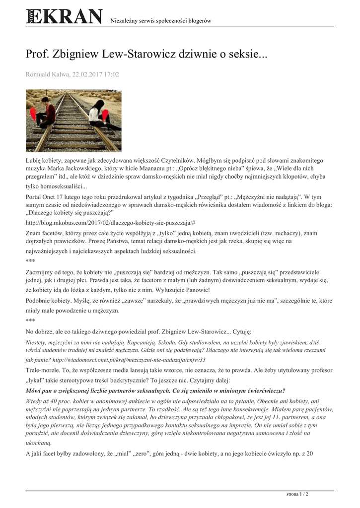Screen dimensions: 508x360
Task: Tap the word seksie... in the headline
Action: pos(246,53)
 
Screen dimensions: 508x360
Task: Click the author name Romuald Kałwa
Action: pos(47,74)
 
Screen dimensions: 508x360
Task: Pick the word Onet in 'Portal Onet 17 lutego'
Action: pos(56,196)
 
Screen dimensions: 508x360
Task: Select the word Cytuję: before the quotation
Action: pos(241,330)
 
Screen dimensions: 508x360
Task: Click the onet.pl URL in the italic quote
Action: pos(127,359)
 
